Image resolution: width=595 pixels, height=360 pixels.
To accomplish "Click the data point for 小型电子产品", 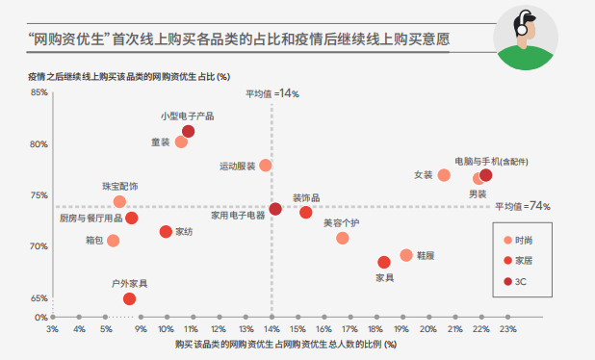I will point(188,131).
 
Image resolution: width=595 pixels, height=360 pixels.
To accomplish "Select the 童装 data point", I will point(181,141).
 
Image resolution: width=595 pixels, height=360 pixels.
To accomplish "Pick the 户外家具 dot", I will point(129,299).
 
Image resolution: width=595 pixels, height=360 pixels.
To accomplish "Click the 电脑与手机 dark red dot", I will point(485,175).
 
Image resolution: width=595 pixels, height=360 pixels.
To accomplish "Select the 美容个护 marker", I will point(342,238).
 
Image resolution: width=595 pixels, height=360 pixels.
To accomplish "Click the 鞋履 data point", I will point(406,255).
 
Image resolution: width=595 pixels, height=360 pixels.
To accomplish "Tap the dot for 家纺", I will point(166,231).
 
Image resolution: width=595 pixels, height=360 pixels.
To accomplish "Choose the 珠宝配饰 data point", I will point(119,201).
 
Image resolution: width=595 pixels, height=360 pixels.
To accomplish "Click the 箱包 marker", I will point(114,241).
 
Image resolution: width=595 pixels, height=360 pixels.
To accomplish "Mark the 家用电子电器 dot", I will point(275,209).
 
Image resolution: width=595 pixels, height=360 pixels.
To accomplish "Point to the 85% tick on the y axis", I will point(39,93).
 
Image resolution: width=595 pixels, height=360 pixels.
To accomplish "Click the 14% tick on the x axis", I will point(273,328).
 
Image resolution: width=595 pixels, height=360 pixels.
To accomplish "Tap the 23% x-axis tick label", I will point(509,328).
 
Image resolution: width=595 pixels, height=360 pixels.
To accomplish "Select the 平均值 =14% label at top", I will point(272,94).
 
